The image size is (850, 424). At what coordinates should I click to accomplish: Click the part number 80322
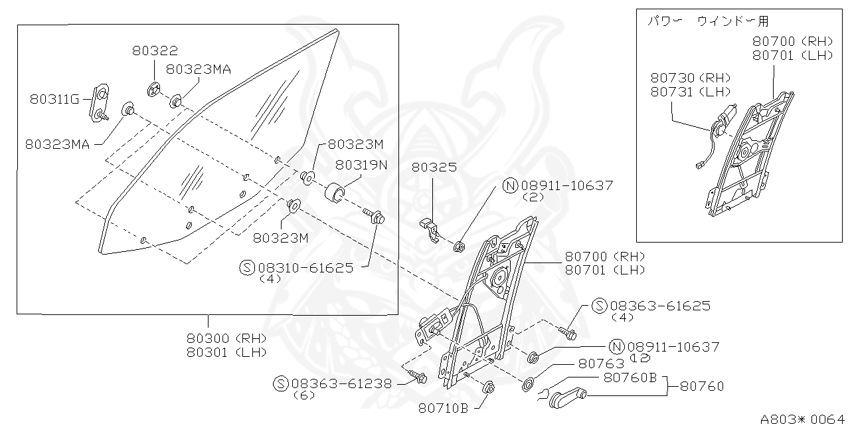tap(155, 51)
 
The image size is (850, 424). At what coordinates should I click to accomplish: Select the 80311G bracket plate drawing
tap(101, 102)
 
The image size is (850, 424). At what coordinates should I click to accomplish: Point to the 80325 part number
tap(434, 167)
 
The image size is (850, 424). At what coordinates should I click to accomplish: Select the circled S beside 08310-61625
tap(247, 267)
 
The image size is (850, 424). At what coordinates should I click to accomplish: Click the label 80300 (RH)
tap(226, 337)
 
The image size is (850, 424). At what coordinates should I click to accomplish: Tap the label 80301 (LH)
tap(226, 352)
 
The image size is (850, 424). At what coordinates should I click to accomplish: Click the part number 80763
tap(601, 364)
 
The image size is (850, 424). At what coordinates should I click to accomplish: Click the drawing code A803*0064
tap(803, 419)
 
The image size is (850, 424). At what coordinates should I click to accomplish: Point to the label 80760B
tap(630, 377)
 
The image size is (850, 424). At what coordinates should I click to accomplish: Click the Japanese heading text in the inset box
tap(708, 21)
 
